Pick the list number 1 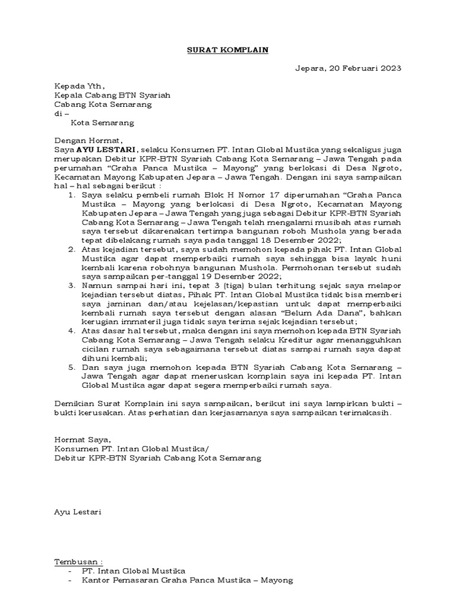coord(72,195)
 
